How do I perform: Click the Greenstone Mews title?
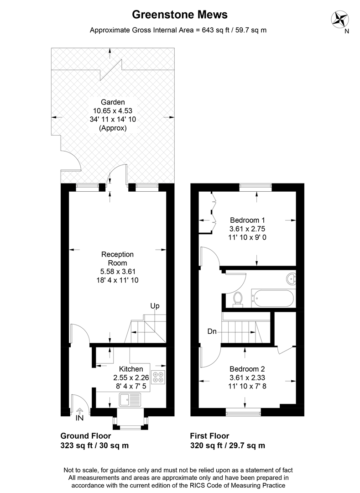(180, 15)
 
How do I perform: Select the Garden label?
(113, 102)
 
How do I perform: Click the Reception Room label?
(117, 258)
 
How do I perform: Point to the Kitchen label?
(131, 369)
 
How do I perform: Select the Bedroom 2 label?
(247, 369)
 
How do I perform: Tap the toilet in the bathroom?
(238, 298)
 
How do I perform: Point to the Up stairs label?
(155, 306)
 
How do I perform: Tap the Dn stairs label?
(212, 332)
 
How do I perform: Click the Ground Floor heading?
(86, 436)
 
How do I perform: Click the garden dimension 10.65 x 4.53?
(113, 110)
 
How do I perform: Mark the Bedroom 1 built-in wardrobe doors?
(211, 211)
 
